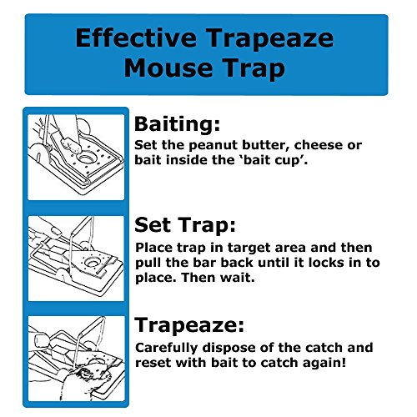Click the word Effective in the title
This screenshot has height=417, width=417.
coord(136,38)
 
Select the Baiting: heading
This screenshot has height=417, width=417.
coord(177,124)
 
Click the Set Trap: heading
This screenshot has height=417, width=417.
coord(185,225)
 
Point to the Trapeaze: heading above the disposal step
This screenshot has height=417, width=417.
coord(189,325)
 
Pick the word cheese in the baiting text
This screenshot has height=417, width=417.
coord(318,145)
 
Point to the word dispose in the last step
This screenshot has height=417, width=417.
coord(229,348)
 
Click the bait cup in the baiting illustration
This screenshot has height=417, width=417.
coord(87,158)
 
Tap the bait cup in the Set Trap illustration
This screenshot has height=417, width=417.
coord(92,262)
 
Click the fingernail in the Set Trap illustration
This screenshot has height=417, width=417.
coord(56,231)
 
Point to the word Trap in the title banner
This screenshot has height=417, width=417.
coord(254,68)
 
